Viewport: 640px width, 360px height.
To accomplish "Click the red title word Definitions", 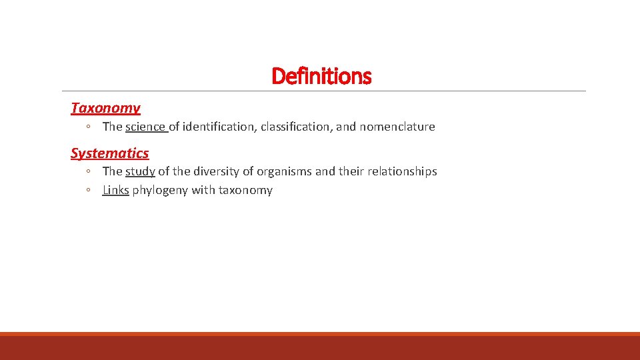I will click(321, 77).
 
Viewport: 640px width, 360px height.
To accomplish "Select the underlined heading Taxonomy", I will click(105, 108).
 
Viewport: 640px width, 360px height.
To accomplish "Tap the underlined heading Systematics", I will click(109, 153).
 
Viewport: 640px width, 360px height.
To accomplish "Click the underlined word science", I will click(146, 127).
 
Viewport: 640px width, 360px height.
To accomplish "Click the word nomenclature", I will click(397, 127).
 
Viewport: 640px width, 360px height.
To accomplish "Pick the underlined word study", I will click(140, 171).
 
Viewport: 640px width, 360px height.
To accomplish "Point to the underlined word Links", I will click(115, 190).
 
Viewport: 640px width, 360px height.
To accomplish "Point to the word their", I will click(349, 171).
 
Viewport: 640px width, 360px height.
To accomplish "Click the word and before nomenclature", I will click(346, 127).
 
